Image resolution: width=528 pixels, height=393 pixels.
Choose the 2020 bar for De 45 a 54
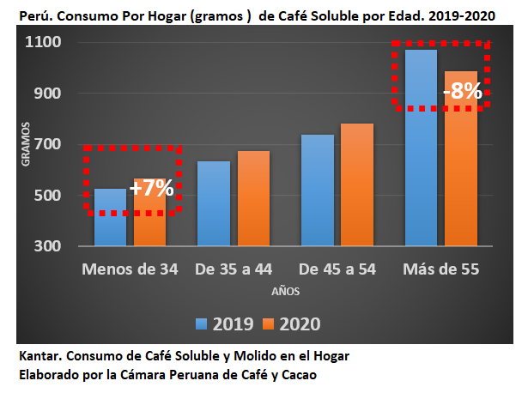click(x=357, y=185)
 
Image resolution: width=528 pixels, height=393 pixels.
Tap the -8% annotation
click(x=462, y=91)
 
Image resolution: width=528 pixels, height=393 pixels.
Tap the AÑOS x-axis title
click(x=287, y=292)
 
